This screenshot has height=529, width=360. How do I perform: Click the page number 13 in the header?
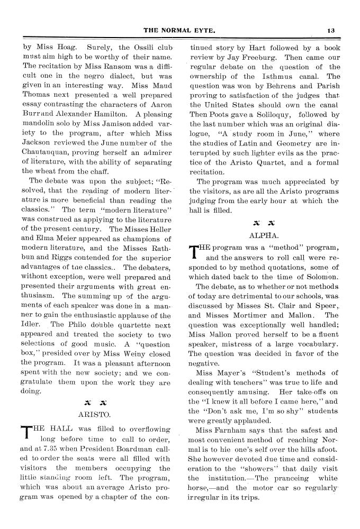click(331, 31)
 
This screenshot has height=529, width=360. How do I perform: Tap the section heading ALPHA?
click(264, 230)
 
